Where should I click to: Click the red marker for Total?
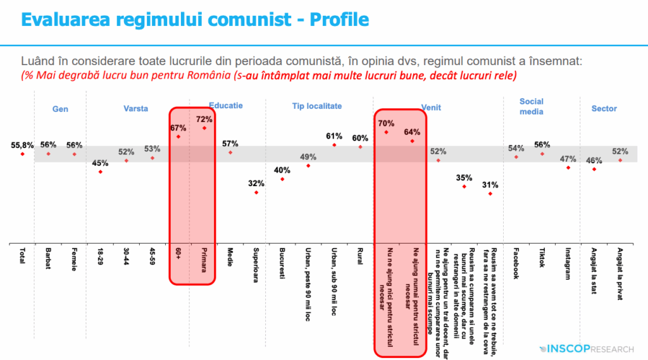point(23,154)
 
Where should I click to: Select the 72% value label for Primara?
point(204,119)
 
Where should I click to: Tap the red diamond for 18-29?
point(100,171)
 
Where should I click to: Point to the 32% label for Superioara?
point(256,183)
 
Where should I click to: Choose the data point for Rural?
point(360,147)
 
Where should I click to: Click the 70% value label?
point(385,123)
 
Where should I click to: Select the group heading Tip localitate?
point(317,106)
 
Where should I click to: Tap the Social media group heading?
point(532,106)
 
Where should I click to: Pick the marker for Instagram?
point(568,168)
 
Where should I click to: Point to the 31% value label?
point(490,185)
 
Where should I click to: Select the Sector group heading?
point(604,109)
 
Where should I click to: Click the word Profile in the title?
point(338,20)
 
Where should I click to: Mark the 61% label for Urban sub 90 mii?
point(334,136)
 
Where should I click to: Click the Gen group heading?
point(60,109)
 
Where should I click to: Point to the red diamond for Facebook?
point(516,156)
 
